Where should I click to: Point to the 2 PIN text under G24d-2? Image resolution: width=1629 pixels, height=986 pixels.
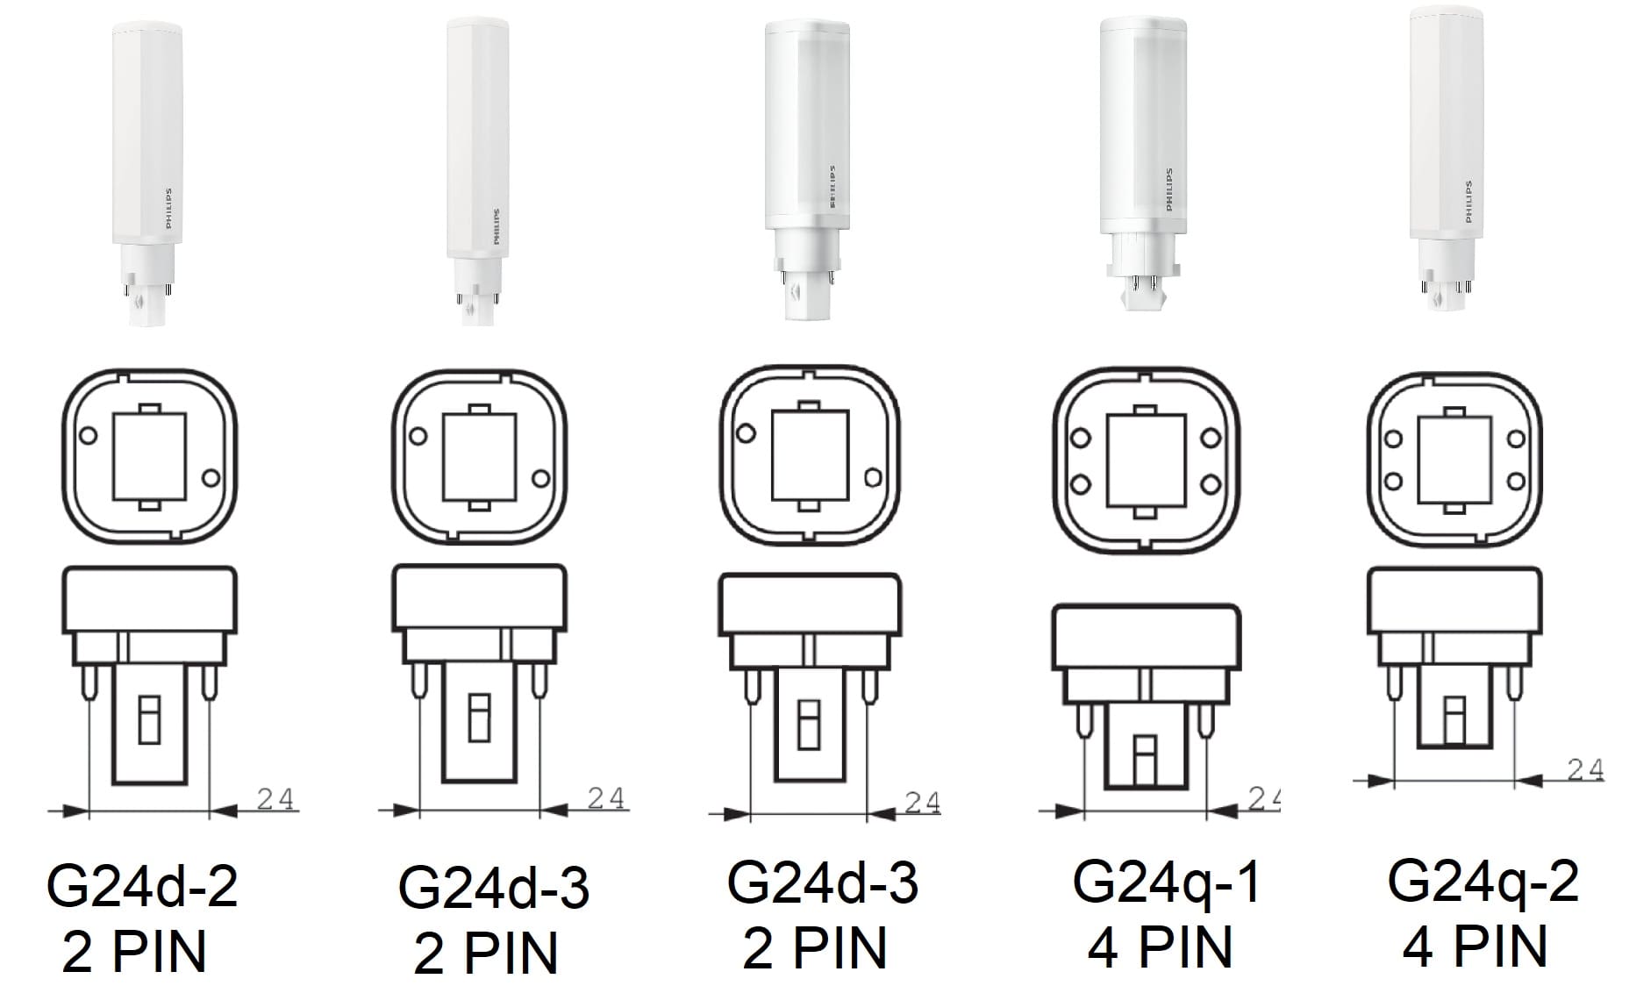tap(134, 952)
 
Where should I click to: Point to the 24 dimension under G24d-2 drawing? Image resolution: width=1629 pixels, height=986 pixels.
tap(275, 799)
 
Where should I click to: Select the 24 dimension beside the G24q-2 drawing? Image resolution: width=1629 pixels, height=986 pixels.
tap(1585, 769)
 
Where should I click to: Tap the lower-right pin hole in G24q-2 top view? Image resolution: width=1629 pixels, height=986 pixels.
tap(1515, 481)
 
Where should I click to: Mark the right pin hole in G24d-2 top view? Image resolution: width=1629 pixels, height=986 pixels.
tap(210, 477)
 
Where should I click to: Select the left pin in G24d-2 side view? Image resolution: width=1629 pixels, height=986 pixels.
tap(89, 681)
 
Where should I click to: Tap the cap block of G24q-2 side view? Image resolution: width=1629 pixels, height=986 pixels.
tap(1454, 601)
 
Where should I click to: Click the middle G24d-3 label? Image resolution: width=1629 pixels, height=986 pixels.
tap(822, 882)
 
